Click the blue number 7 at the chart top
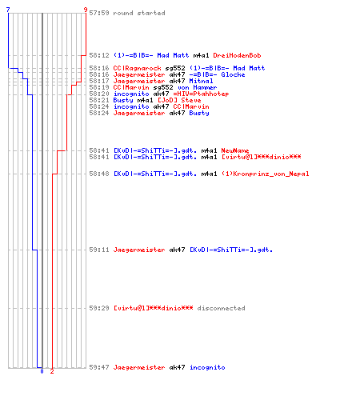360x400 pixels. [8, 10]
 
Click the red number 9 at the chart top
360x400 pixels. [86, 10]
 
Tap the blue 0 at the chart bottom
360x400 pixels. [42, 371]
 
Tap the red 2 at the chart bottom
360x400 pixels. [52, 371]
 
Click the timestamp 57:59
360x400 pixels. [99, 13]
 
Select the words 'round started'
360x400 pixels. [139, 13]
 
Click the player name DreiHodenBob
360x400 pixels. [237, 55]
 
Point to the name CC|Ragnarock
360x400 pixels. [137, 68]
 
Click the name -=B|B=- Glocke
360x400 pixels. [217, 74]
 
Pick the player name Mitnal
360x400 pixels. [201, 81]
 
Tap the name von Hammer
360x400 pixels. [197, 87]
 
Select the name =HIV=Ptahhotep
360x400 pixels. [201, 94]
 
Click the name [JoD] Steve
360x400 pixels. [179, 100]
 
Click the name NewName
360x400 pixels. [235, 150]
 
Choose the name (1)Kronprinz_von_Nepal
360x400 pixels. [266, 174]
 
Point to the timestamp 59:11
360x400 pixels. [99, 250]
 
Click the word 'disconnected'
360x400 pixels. [221, 308]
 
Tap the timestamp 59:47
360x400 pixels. [99, 367]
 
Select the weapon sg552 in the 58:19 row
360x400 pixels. [163, 87]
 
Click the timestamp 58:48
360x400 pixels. [99, 174]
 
